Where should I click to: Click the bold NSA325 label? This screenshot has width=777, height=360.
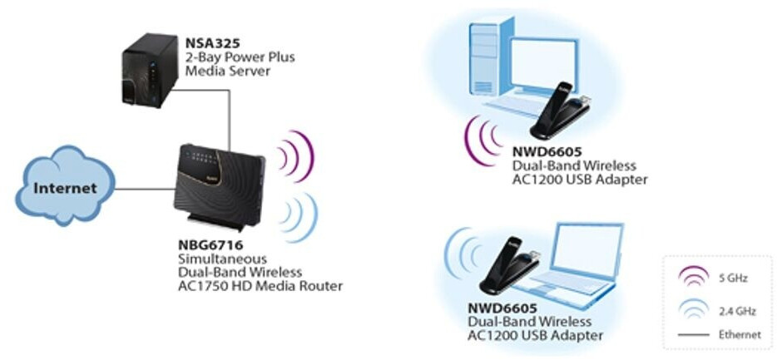tap(209, 43)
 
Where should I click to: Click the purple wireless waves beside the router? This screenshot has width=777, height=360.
tap(296, 155)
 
